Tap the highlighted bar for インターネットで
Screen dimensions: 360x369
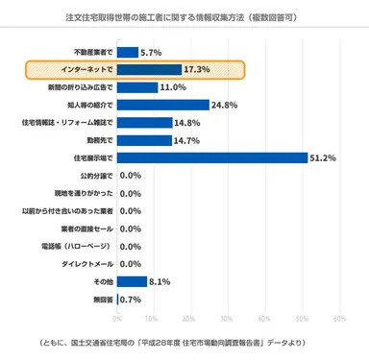tap(148, 69)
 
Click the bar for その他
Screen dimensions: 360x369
tap(132, 281)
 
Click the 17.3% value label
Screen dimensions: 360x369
tap(198, 69)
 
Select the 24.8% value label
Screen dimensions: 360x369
tap(226, 105)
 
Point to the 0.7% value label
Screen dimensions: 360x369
tap(132, 300)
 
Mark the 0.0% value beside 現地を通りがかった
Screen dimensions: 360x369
tap(131, 193)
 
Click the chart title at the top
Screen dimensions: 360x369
tap(184, 18)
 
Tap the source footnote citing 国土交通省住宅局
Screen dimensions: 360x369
tap(184, 342)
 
